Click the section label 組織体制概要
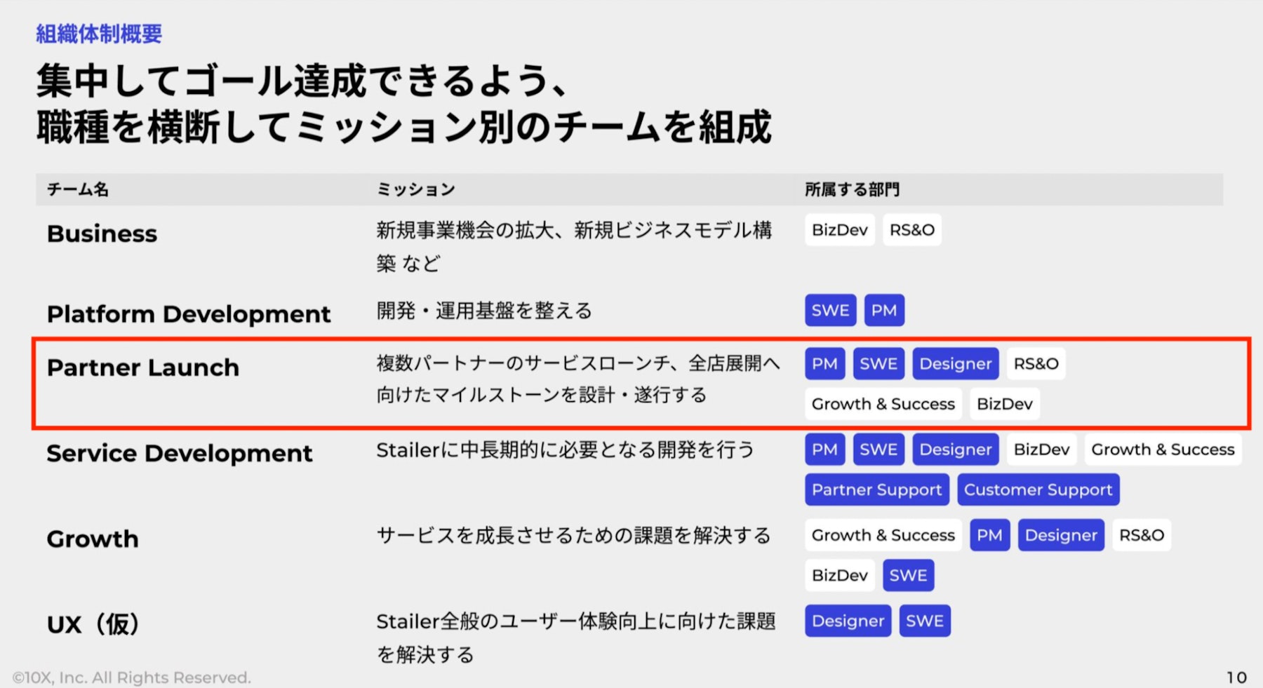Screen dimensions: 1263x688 point(99,34)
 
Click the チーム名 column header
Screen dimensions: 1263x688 point(78,189)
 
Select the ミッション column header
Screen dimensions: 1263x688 point(416,189)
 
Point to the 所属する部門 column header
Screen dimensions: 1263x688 point(852,189)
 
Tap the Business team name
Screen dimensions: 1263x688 point(102,234)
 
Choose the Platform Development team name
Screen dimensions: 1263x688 point(189,314)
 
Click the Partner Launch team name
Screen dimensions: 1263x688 point(143,367)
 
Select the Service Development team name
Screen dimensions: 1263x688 point(180,453)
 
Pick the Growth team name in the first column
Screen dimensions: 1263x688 point(93,539)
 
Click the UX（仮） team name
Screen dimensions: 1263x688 point(94,624)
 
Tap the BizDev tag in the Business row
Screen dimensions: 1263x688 point(840,230)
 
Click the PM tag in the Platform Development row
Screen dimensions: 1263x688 point(884,310)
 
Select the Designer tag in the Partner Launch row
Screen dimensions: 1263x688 point(956,364)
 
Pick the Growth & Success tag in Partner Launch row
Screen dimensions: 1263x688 point(883,404)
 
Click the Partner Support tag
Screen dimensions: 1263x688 point(877,490)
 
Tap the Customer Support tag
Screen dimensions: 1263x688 point(1038,490)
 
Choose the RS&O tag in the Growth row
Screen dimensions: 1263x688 point(1142,535)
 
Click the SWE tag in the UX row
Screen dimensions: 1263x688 point(925,621)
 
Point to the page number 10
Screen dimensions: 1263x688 point(1236,677)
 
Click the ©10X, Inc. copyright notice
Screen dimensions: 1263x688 point(132,677)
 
